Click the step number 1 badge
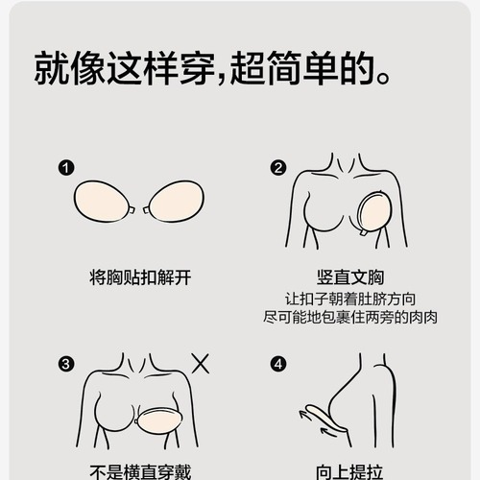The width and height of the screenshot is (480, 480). tap(66, 169)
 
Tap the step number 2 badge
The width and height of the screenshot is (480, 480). tap(278, 169)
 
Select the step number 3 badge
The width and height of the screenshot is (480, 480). tap(66, 364)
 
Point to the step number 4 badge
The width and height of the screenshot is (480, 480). tap(278, 364)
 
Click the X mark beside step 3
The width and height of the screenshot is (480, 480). tap(202, 364)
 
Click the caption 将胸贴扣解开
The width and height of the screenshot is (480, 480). tap(140, 277)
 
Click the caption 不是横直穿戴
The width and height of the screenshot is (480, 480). tap(140, 471)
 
